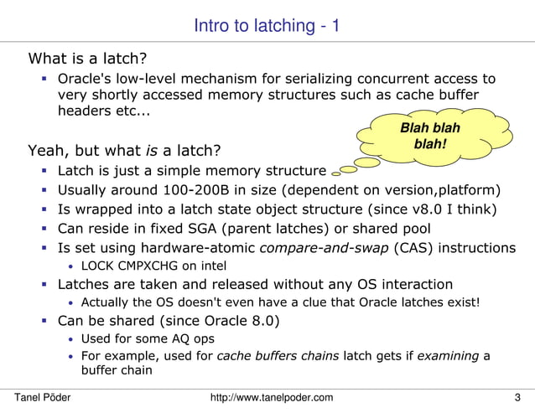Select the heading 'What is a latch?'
(x=88, y=59)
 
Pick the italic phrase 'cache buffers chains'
(x=278, y=356)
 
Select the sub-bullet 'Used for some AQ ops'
(x=147, y=338)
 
